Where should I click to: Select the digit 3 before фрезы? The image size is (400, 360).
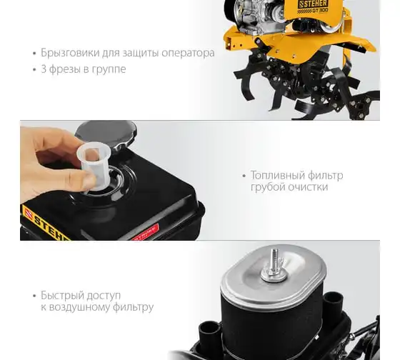(44, 69)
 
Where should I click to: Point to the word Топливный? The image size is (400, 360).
(278, 175)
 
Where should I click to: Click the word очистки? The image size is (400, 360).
(308, 187)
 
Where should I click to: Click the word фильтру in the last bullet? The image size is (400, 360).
(133, 307)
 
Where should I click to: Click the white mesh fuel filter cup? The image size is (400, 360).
(94, 166)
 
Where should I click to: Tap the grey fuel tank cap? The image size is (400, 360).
(106, 134)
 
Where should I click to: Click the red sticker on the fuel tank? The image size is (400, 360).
(145, 233)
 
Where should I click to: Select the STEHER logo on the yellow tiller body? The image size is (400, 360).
(313, 4)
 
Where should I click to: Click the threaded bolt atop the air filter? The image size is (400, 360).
(275, 258)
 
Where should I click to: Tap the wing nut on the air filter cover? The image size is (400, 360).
(274, 272)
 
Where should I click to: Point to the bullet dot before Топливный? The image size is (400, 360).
(244, 176)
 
